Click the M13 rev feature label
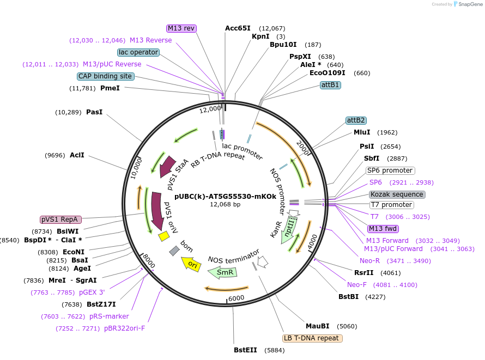181,28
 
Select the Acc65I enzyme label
238,28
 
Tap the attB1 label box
330,85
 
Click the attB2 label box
356,120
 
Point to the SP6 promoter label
390,170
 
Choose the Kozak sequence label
397,194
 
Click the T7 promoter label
391,205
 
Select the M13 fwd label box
383,229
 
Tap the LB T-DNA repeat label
312,338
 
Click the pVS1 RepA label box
60,219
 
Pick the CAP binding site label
105,76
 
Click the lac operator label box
138,52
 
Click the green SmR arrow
222,272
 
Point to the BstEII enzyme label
245,350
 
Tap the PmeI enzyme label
110,88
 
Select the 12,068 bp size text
225,205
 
